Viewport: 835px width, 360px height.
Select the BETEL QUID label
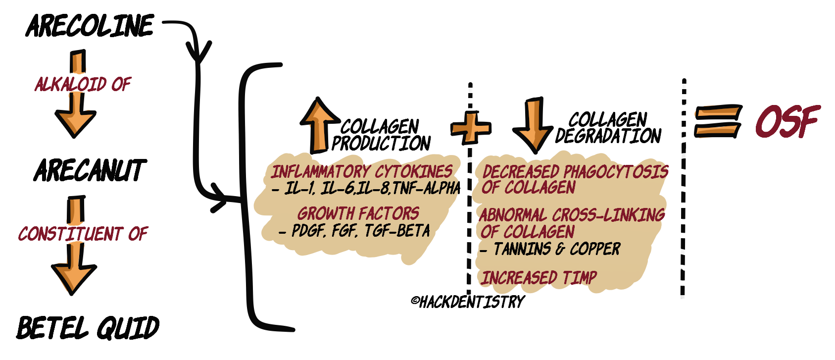88,328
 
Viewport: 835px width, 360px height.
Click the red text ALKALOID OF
83,85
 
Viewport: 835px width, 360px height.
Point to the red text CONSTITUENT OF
83,234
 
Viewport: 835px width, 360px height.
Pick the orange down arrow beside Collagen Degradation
533,124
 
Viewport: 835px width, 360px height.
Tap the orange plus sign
470,127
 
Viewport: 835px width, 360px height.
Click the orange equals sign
717,121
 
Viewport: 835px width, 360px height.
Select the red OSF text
786,121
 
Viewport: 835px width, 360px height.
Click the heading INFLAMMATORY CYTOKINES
361,172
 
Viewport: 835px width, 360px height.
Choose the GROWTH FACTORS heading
358,213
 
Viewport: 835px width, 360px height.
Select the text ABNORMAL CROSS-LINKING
572,215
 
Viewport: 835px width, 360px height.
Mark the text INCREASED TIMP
539,278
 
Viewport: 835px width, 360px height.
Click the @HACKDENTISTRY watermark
467,301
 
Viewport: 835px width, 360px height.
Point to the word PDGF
308,231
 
